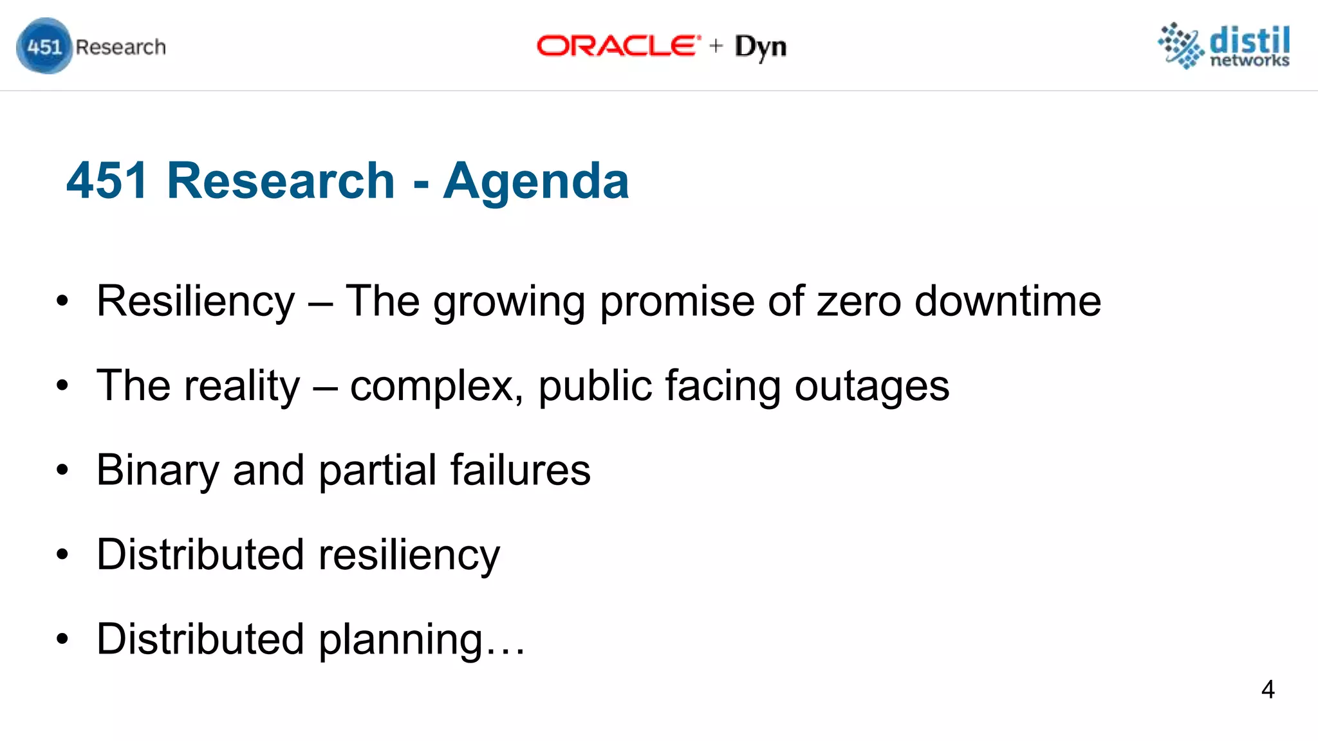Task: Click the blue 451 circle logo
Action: (x=44, y=46)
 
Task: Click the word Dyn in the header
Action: (x=761, y=47)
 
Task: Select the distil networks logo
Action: (x=1224, y=45)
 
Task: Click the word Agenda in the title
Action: (x=535, y=181)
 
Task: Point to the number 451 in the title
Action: (x=107, y=181)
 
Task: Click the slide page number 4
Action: (x=1267, y=690)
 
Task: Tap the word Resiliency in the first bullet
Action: (x=196, y=301)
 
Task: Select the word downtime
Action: (x=1008, y=301)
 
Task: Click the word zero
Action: (x=859, y=301)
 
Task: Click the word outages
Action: (x=872, y=386)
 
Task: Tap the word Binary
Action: (x=158, y=470)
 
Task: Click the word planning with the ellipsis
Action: (x=422, y=639)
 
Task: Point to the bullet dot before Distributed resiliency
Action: (x=62, y=554)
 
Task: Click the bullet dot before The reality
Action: (x=62, y=386)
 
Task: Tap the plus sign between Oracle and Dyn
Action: (x=716, y=46)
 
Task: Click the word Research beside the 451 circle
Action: (x=120, y=47)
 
